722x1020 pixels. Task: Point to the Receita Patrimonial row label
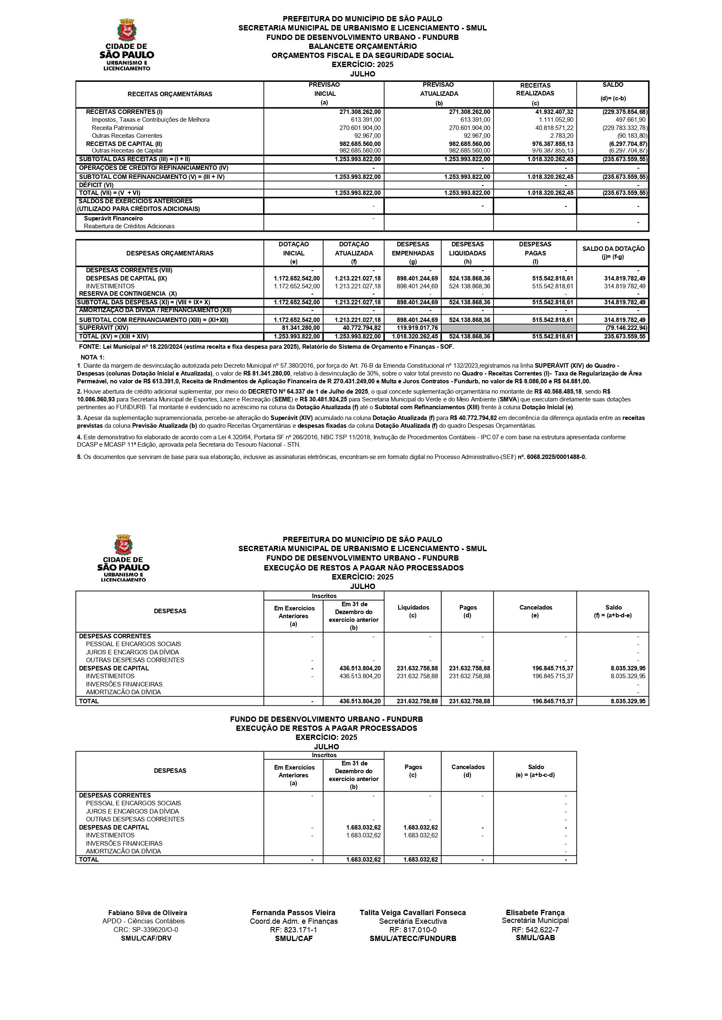117,128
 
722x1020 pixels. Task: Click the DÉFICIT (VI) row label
96,185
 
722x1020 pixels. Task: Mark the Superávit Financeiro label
113,218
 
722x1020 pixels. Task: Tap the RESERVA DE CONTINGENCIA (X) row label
128,294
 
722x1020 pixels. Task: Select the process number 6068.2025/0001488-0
557,457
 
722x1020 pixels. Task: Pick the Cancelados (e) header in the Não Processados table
535,611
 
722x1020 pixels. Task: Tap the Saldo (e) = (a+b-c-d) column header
536,771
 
